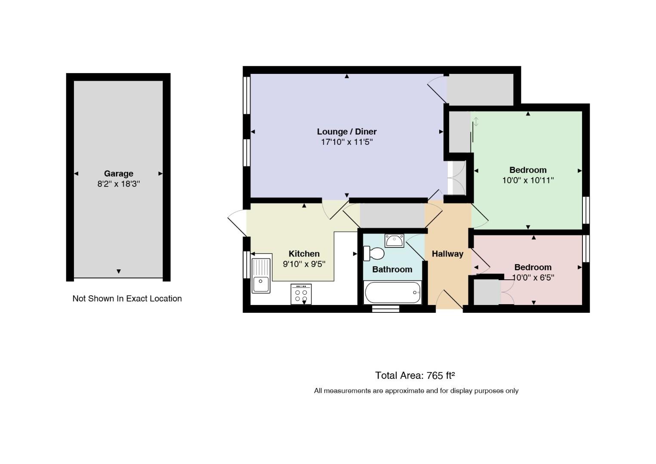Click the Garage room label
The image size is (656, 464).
[x=119, y=174]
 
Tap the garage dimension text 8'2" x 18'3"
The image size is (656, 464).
[x=119, y=184]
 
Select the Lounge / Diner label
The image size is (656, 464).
[x=347, y=131]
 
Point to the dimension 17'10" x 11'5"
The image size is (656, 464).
[x=347, y=142]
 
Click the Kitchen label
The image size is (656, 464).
[x=304, y=253]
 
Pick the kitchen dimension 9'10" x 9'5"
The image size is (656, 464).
[x=304, y=264]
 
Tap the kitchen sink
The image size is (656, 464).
[x=261, y=275]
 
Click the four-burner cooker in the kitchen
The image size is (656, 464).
[x=301, y=294]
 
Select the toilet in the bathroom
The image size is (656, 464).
[x=374, y=253]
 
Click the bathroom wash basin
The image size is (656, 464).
[x=394, y=241]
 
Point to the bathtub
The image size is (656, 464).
[x=392, y=293]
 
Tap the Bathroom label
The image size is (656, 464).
[x=392, y=269]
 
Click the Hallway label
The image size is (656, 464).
[x=447, y=254]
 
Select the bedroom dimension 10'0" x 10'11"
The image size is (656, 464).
[x=528, y=180]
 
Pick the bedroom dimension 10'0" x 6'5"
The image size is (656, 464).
[x=533, y=278]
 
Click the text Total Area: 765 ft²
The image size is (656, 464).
[x=415, y=375]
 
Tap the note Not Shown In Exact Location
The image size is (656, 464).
[x=127, y=299]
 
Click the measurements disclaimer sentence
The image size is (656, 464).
[x=416, y=391]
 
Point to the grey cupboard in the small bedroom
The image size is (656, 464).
[x=487, y=292]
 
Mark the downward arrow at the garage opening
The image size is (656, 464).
[x=119, y=272]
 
